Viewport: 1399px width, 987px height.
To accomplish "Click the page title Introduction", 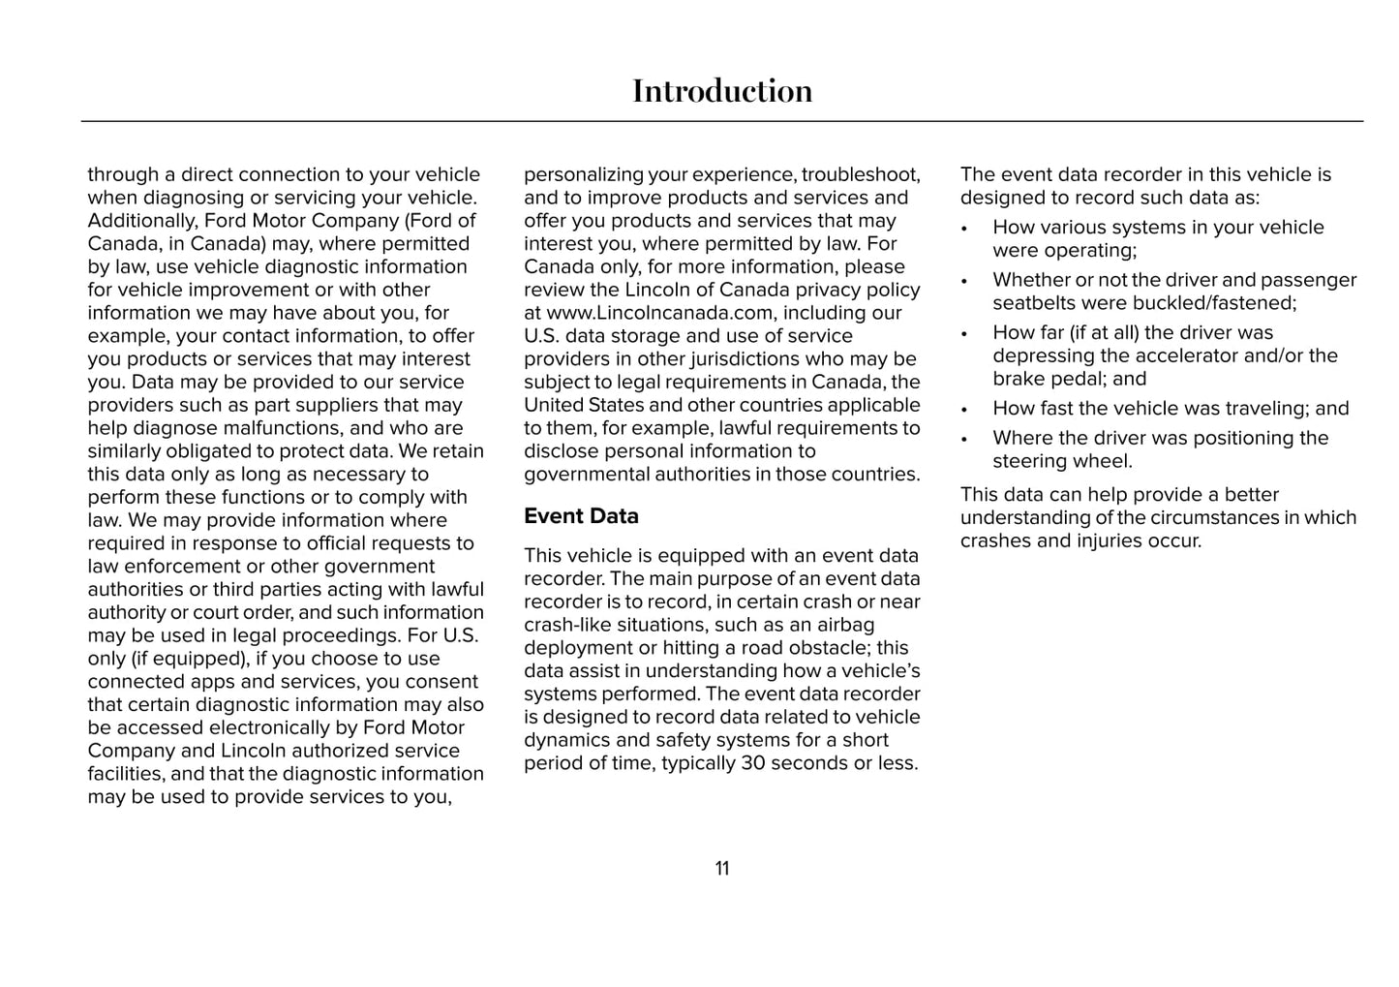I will pyautogui.click(x=722, y=91).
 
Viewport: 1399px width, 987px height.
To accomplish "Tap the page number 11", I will pyautogui.click(x=722, y=869).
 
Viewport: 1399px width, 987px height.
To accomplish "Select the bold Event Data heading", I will pyautogui.click(x=581, y=516).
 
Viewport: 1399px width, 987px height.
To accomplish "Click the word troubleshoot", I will pyautogui.click(x=861, y=175).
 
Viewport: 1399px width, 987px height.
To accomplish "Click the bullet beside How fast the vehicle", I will pyautogui.click(x=964, y=410).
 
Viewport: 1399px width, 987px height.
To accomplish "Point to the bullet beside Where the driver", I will pyautogui.click(x=964, y=439).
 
